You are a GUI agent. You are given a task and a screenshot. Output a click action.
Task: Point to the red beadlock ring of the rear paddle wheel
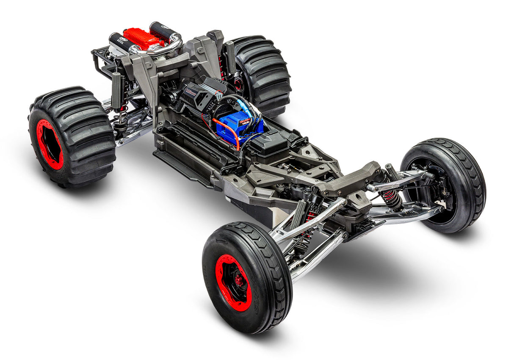coord(49,144)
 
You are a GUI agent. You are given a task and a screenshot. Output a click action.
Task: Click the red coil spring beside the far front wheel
coord(390,197)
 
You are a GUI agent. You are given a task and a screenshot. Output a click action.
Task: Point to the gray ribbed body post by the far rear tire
coord(230,57)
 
